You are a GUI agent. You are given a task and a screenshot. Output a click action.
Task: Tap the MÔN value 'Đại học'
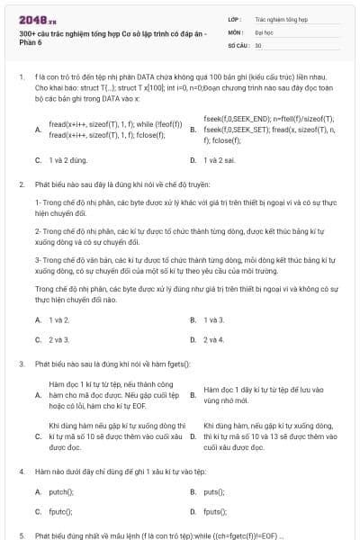(x=265, y=31)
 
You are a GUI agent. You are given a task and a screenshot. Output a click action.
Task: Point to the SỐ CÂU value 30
(x=258, y=44)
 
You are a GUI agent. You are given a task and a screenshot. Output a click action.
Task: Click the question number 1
(x=21, y=79)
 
